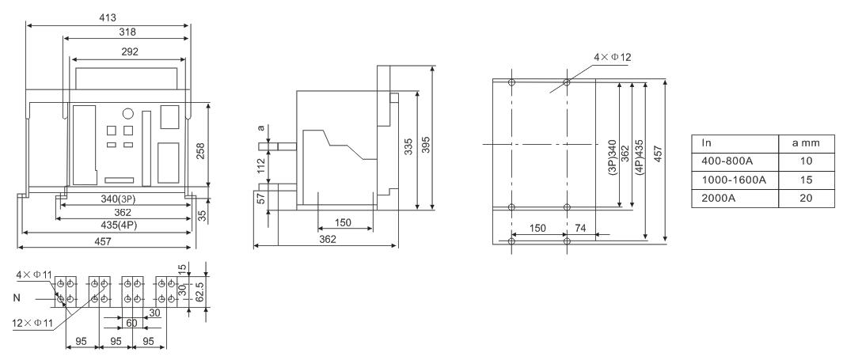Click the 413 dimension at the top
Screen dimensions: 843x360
pyautogui.click(x=108, y=17)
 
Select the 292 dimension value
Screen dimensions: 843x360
pyautogui.click(x=130, y=52)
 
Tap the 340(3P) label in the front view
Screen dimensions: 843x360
pyautogui.click(x=118, y=199)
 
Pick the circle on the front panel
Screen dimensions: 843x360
pyautogui.click(x=128, y=113)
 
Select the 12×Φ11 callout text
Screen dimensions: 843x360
pyautogui.click(x=32, y=323)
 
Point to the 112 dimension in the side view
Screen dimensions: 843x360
pyautogui.click(x=261, y=164)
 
